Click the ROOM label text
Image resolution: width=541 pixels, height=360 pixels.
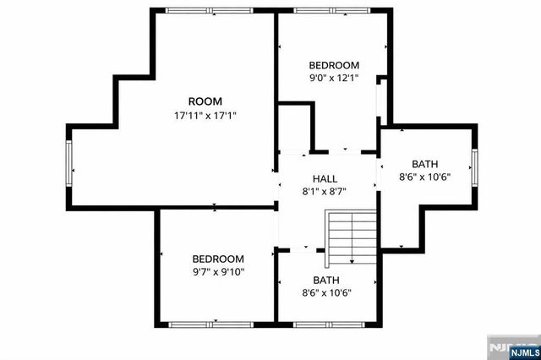[x=205, y=101]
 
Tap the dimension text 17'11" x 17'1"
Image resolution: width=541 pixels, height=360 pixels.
[x=205, y=116]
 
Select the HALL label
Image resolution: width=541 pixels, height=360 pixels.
[x=325, y=179]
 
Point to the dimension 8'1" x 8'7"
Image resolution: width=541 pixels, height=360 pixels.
[x=325, y=191]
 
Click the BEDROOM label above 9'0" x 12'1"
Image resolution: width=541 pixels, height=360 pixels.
[x=334, y=65]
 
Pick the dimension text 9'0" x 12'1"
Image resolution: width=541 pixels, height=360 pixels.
[x=334, y=79]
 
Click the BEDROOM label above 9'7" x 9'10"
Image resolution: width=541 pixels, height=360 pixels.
[x=217, y=259]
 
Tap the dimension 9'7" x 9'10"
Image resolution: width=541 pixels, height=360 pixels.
[x=217, y=272]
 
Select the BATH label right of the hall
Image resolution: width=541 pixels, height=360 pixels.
[x=425, y=164]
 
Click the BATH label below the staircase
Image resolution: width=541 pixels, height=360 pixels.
[x=326, y=280]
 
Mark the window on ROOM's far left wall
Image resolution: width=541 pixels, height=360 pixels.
[x=70, y=167]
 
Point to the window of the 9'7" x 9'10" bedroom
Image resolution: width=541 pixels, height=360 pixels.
[x=216, y=324]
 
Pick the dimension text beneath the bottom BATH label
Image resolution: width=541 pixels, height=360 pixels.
[x=326, y=293]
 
